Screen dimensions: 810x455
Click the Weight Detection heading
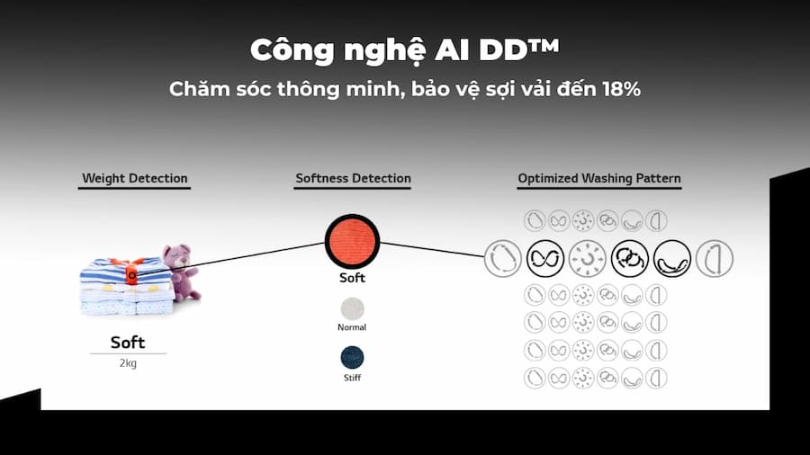(135, 178)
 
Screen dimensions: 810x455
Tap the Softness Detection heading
(354, 178)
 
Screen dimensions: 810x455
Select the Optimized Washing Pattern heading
(599, 178)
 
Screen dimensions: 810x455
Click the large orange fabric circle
(352, 241)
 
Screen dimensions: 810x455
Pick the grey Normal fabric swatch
(352, 309)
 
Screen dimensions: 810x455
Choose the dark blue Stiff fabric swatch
(352, 358)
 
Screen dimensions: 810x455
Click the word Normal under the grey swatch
(352, 327)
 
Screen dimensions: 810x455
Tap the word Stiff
(352, 378)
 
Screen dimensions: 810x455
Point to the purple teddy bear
(180, 272)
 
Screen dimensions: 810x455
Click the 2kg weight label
(128, 363)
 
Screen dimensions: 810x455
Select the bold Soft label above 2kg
(128, 342)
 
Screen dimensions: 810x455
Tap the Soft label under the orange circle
(352, 278)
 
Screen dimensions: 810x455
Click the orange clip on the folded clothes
(131, 273)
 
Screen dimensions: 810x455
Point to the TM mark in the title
(544, 45)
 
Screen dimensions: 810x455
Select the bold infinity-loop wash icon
(545, 258)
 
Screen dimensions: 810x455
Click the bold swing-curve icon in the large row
(672, 258)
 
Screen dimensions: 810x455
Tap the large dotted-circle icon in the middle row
(588, 258)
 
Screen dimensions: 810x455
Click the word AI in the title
(453, 50)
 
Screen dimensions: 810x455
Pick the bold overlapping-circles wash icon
(630, 258)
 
